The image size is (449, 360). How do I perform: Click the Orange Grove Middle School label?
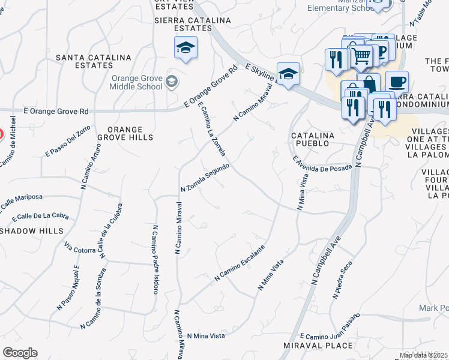click(136, 82)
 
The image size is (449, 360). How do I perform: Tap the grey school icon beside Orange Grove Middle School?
click(172, 81)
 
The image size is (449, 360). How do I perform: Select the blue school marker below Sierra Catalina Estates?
click(185, 47)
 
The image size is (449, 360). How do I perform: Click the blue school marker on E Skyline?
click(288, 74)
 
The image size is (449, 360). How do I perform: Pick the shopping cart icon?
click(360, 56)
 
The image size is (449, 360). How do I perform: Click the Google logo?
click(20, 353)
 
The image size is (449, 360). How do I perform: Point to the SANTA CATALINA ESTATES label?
click(93, 61)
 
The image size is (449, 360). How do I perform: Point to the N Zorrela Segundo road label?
click(205, 178)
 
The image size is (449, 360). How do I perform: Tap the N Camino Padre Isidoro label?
click(155, 259)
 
